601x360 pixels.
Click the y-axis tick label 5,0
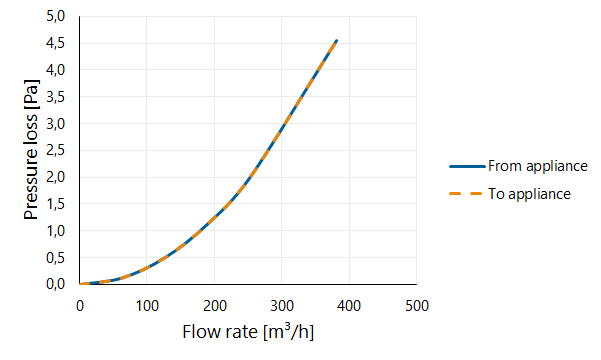click(x=56, y=16)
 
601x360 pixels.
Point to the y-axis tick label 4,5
click(x=56, y=43)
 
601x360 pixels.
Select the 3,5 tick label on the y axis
click(x=56, y=97)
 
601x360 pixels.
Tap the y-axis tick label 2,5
click(x=56, y=150)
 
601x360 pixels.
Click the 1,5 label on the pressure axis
click(x=56, y=204)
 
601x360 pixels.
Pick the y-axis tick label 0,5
click(x=56, y=258)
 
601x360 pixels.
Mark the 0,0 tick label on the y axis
click(x=56, y=284)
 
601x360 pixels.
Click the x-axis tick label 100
click(x=147, y=306)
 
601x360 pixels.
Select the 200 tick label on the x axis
click(x=215, y=306)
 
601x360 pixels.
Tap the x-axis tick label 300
click(x=282, y=306)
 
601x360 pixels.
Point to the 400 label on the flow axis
click(x=349, y=306)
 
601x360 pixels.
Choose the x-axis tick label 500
click(x=417, y=306)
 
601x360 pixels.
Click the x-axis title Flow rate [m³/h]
click(x=248, y=332)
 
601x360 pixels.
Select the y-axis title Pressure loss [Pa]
click(x=31, y=150)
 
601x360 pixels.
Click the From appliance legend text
click(x=538, y=166)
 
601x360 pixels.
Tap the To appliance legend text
click(x=529, y=194)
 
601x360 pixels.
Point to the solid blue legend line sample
click(x=467, y=166)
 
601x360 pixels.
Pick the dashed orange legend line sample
click(x=465, y=194)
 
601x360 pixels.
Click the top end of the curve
click(x=337, y=41)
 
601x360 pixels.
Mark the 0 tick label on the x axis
click(x=80, y=306)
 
